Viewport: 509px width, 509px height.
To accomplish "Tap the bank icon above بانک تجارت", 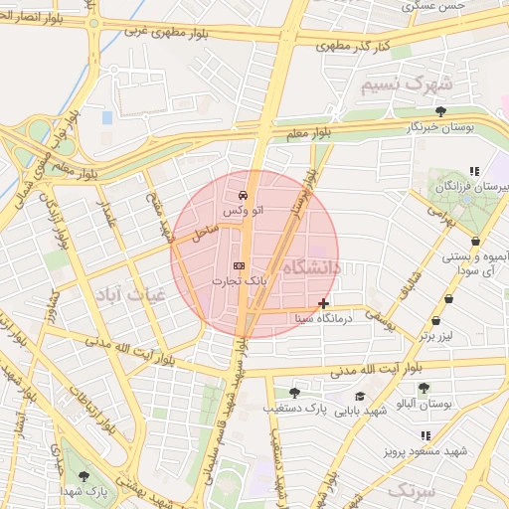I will click(239, 265).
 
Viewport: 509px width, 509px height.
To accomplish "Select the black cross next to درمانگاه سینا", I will click(323, 303).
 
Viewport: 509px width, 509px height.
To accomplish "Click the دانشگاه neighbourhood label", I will click(311, 268).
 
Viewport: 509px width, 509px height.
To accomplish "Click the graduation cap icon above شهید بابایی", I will click(360, 396).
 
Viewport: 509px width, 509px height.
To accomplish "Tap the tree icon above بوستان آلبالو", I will click(424, 389).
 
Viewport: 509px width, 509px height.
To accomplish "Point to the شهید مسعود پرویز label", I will click(427, 452).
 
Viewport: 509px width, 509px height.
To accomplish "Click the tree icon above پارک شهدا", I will click(84, 476).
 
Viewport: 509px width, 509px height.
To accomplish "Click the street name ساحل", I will click(204, 235).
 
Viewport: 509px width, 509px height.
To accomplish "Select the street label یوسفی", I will click(380, 317).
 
